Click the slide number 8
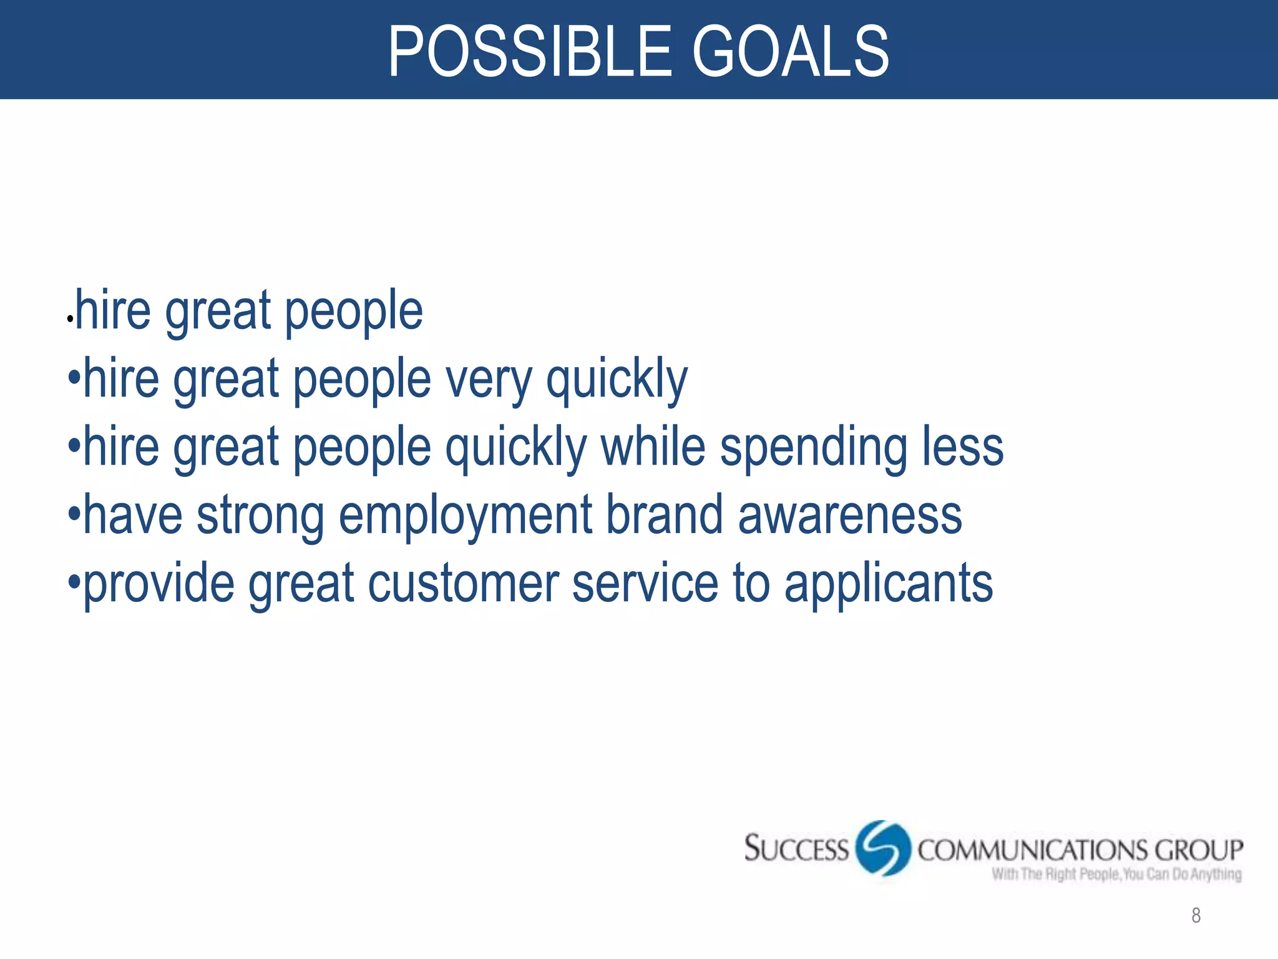click(x=1196, y=915)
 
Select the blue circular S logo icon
click(x=882, y=848)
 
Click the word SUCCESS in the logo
click(x=796, y=849)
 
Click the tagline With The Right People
click(x=1117, y=874)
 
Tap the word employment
click(x=466, y=516)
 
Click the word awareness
click(x=850, y=516)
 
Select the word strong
click(x=260, y=517)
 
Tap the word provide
click(x=159, y=584)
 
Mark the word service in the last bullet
click(x=645, y=583)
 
